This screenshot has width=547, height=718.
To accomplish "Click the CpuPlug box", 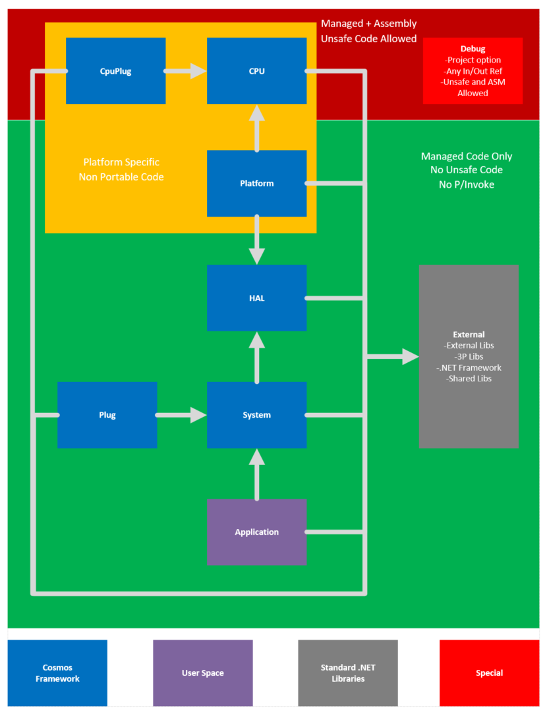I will (115, 71).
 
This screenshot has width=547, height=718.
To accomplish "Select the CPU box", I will (256, 71).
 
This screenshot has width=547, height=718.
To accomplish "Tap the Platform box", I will (256, 183).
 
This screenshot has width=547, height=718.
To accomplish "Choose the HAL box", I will (256, 298).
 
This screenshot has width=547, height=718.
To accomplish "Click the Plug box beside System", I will (107, 415).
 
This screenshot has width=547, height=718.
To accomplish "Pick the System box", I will (256, 415).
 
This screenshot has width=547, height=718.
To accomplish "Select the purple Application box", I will (256, 532).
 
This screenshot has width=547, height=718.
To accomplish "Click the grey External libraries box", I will (469, 356).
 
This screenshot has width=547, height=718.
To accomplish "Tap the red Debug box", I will (473, 71).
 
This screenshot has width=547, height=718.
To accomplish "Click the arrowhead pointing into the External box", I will (410, 356).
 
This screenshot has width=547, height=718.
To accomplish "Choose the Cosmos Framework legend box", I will (57, 673).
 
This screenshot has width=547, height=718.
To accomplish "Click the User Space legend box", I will (202, 673).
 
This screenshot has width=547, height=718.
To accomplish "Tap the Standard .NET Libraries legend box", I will (348, 673).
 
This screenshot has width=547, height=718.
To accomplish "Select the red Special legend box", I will (489, 673).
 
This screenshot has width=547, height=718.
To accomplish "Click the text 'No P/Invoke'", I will (466, 184).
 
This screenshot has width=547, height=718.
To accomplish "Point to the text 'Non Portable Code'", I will (121, 177).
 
